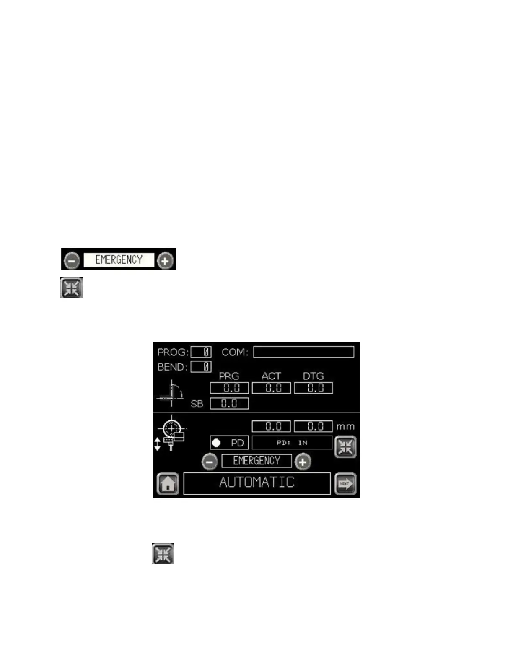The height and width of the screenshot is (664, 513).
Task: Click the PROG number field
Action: tap(201, 352)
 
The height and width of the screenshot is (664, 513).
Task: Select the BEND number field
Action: tap(201, 367)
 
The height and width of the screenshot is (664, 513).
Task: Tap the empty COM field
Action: tap(303, 352)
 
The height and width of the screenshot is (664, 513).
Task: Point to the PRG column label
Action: tap(229, 376)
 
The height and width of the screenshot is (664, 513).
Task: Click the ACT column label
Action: tap(271, 376)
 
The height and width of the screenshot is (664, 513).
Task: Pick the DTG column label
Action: tap(313, 376)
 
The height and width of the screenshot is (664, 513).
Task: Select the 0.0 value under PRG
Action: tap(229, 388)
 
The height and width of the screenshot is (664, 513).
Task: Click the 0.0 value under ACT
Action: tap(271, 388)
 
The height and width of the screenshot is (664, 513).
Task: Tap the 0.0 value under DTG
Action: tap(313, 388)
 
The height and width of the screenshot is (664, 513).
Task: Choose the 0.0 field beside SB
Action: tap(229, 404)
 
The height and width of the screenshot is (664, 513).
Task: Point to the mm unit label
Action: tap(345, 427)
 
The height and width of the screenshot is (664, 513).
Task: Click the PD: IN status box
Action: tap(292, 443)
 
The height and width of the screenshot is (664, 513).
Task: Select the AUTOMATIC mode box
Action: tap(257, 483)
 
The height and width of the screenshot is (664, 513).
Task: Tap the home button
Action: tap(168, 484)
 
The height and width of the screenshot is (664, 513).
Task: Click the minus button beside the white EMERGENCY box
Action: tap(72, 261)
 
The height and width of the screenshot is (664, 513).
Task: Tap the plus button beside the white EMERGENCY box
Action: tap(165, 261)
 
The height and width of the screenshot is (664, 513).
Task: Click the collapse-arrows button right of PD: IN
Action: tap(345, 447)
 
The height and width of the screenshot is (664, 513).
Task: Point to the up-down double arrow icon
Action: tap(157, 444)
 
